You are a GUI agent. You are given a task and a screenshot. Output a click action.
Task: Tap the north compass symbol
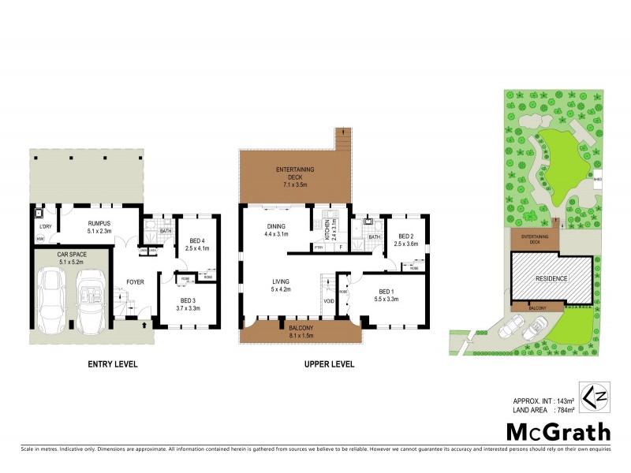coord(589,396)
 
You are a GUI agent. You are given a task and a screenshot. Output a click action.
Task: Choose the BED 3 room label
coord(187,300)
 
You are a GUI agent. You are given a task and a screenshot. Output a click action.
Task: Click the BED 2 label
coord(406,236)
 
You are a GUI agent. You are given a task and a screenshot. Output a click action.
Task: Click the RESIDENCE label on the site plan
coord(551,278)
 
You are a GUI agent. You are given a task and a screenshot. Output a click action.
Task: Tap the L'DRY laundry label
coord(45,228)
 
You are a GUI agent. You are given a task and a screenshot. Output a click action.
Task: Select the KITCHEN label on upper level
coord(326,231)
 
